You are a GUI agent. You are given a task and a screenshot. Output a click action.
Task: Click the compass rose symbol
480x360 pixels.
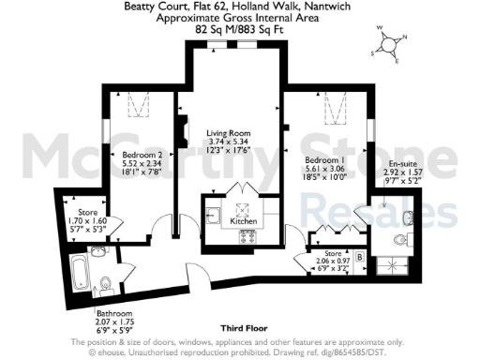(x=392, y=47)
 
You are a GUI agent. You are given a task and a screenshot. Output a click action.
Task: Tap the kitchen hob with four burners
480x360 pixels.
(x=249, y=233)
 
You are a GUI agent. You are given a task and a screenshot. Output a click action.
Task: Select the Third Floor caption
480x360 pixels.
(x=239, y=329)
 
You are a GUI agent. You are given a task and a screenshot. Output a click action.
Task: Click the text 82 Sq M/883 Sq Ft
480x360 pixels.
(x=239, y=29)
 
